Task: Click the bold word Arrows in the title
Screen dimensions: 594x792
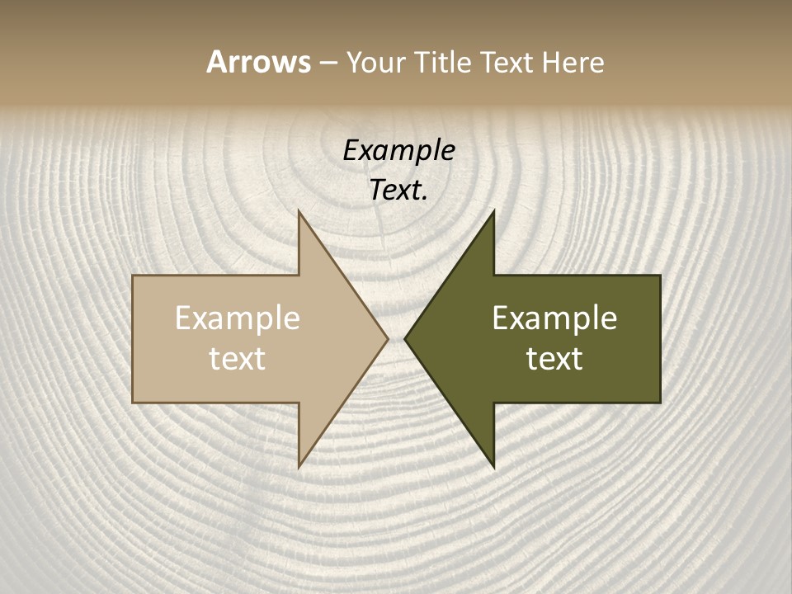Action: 257,62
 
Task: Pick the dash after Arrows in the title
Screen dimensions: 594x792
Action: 328,64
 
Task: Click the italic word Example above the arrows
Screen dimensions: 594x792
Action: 398,151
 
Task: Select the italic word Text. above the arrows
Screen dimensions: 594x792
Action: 398,191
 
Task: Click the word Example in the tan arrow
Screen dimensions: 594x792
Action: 238,318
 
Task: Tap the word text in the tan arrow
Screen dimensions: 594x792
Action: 238,358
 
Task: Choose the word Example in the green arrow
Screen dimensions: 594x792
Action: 554,318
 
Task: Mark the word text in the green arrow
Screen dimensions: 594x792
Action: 554,358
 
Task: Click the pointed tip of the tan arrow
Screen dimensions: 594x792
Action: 388,338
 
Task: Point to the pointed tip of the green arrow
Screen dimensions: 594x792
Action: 404,338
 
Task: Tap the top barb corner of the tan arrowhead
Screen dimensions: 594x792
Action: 299,211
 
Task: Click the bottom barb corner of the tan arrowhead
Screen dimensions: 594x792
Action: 299,467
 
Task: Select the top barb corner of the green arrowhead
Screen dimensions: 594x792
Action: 493,211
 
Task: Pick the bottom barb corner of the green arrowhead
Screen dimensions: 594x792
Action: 493,467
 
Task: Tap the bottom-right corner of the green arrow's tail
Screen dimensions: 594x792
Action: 660,403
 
